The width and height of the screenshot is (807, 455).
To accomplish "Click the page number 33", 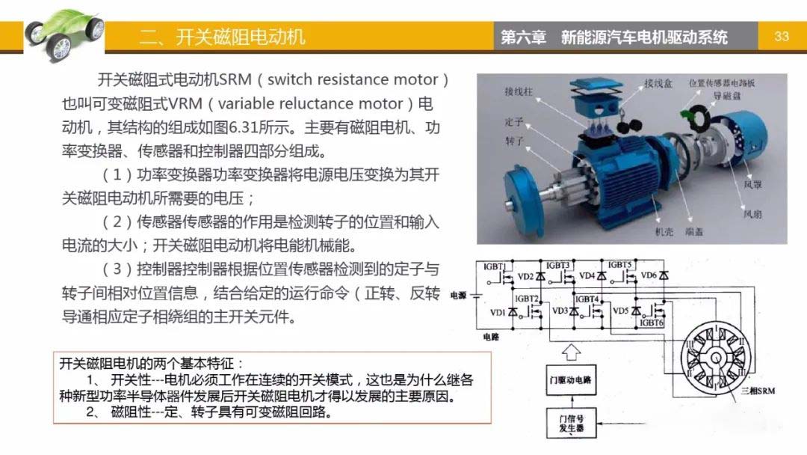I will [782, 36].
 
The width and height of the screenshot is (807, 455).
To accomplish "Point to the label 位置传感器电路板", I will [720, 82].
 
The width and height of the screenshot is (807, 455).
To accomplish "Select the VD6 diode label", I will [649, 275].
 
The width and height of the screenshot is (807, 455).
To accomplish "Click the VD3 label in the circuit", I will [560, 311].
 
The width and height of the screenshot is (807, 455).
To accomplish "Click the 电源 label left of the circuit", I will [457, 296].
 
